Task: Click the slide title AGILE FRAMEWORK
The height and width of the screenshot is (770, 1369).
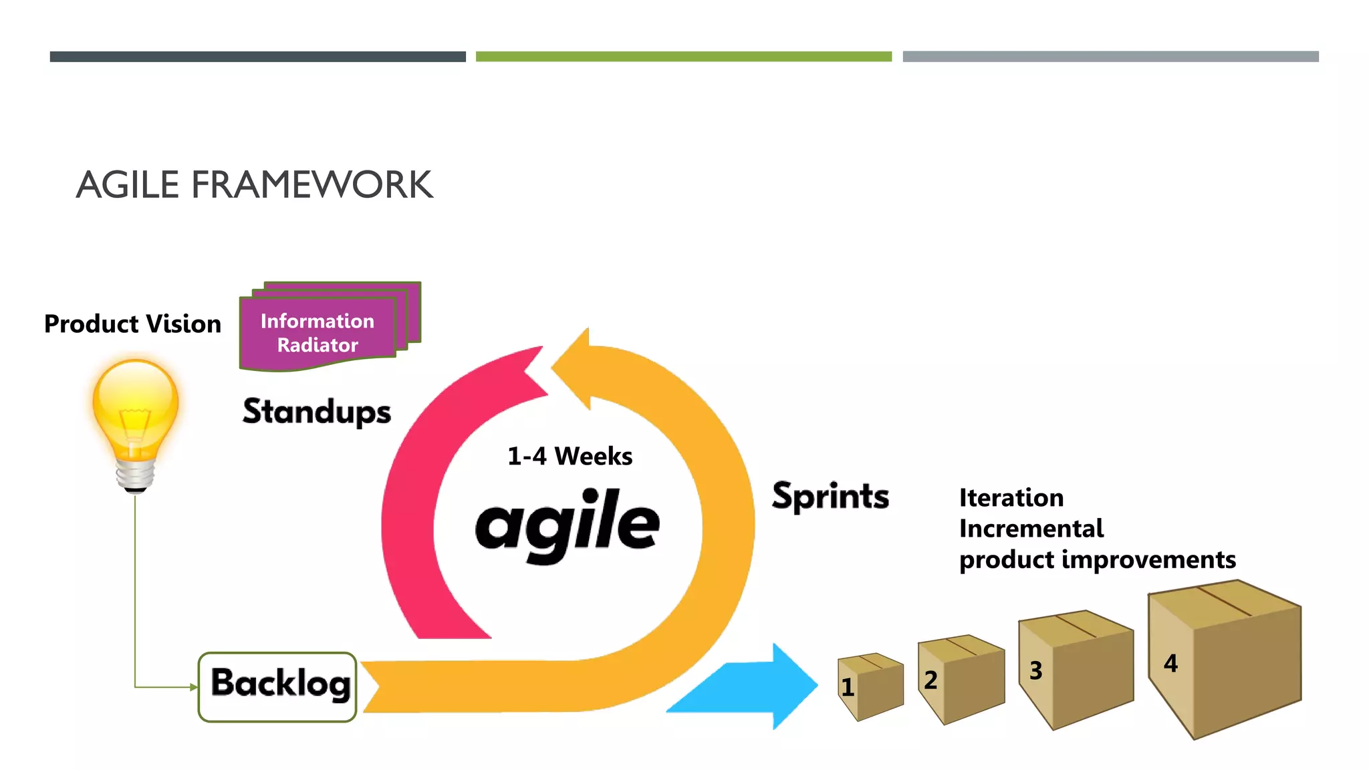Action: point(254,184)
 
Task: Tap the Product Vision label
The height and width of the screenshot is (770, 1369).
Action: point(132,324)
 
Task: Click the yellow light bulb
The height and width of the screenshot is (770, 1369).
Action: point(136,408)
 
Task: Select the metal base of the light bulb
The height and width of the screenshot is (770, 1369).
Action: point(136,475)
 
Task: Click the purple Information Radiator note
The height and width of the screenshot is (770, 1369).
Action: point(318,333)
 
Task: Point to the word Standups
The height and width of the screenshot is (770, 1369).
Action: point(316,412)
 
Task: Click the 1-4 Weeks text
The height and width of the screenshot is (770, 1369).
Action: point(570,457)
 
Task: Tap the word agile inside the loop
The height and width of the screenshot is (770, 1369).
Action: point(567,525)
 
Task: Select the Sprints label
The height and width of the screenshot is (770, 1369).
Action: point(830,496)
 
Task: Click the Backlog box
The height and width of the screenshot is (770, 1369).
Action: point(277,686)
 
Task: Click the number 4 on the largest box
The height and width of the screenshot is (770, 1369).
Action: point(1170,663)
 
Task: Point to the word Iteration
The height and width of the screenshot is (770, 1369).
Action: point(1011,498)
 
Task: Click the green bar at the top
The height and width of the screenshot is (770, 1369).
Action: point(683,57)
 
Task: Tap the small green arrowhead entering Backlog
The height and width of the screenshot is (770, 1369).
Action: point(194,687)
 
